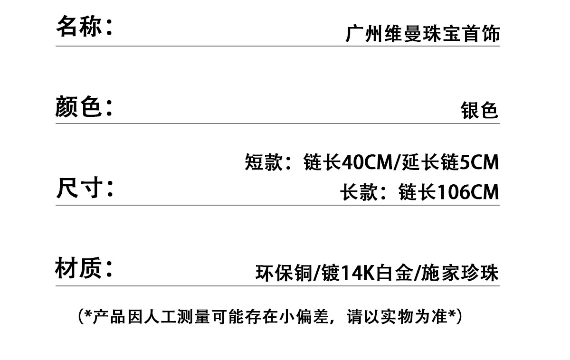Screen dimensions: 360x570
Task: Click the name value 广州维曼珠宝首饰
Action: coord(422,35)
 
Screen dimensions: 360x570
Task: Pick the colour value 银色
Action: coord(479,111)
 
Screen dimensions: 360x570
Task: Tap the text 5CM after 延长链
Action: coord(480,163)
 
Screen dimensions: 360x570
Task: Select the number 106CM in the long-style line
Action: coord(467,192)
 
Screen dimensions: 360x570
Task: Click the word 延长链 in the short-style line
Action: coord(430,163)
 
